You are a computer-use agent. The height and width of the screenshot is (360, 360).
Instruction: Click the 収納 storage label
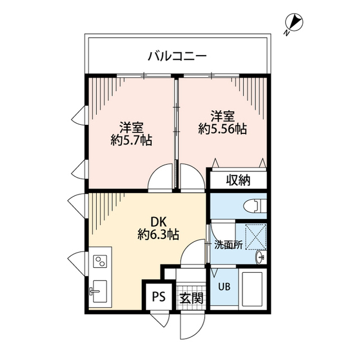(x=238, y=181)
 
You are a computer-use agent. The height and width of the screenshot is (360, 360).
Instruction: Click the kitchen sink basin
(x=101, y=290)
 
